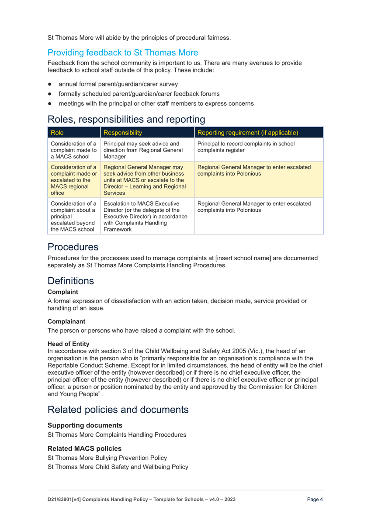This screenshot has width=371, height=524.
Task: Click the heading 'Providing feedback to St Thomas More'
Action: [x=122, y=53]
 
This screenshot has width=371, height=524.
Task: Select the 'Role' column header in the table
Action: [x=57, y=132]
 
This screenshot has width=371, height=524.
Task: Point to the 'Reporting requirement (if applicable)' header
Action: [x=248, y=132]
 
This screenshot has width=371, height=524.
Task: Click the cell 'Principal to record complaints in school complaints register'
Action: [x=246, y=147]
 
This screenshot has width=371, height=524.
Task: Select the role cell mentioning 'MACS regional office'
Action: [x=73, y=180]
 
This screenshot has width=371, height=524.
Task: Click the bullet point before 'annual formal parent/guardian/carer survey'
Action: [x=50, y=84]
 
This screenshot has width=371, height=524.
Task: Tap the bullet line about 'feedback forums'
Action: [x=139, y=94]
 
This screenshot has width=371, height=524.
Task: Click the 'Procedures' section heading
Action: [x=73, y=247]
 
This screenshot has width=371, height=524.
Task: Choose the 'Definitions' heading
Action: [x=71, y=281]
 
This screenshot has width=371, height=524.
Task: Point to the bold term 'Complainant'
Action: [x=66, y=321]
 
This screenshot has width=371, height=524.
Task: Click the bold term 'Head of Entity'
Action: [x=68, y=344]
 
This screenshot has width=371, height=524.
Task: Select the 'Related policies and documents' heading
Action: [x=118, y=410]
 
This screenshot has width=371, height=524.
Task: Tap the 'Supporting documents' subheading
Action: [x=85, y=425]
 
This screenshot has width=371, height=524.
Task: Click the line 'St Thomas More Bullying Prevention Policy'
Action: [x=107, y=458]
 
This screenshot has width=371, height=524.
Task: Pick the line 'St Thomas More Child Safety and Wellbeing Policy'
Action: [x=118, y=467]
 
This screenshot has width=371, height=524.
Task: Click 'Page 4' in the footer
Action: [x=315, y=500]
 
